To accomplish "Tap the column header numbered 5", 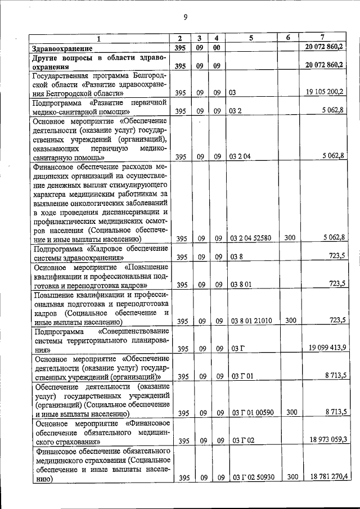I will coord(251,38).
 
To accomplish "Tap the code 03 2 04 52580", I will coord(251,238).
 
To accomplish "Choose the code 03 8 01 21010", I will coord(251,321).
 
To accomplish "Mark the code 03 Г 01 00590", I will coord(253,413).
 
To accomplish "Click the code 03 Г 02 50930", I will coord(253,478).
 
